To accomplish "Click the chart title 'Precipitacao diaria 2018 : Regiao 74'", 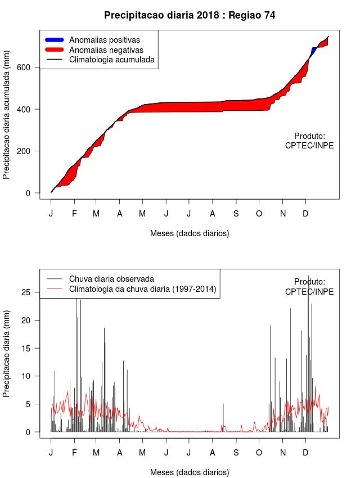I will [x=190, y=15].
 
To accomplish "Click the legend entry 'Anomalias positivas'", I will [x=104, y=40].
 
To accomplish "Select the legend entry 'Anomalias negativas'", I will [x=106, y=49].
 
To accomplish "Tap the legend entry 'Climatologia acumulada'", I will [x=111, y=59].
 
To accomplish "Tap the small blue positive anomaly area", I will [x=313, y=51].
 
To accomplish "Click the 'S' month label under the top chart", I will [x=236, y=214].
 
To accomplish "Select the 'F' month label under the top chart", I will [x=74, y=214].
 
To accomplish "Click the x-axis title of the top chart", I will [x=190, y=233].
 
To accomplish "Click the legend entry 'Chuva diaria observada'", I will [x=111, y=279].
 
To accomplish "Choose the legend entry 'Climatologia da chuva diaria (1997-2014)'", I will [x=142, y=289].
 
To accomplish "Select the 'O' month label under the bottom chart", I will [x=259, y=453].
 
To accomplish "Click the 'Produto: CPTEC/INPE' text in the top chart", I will [x=309, y=141].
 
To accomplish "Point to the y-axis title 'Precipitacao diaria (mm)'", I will [x=7, y=353].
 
